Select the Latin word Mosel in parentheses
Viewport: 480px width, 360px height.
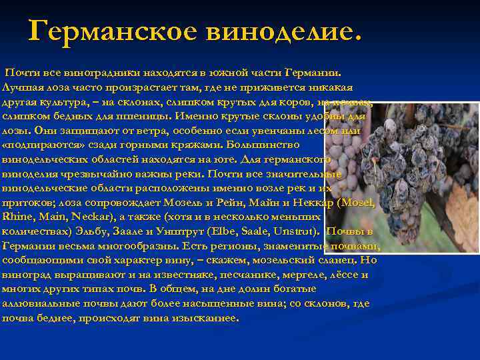[363, 203]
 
